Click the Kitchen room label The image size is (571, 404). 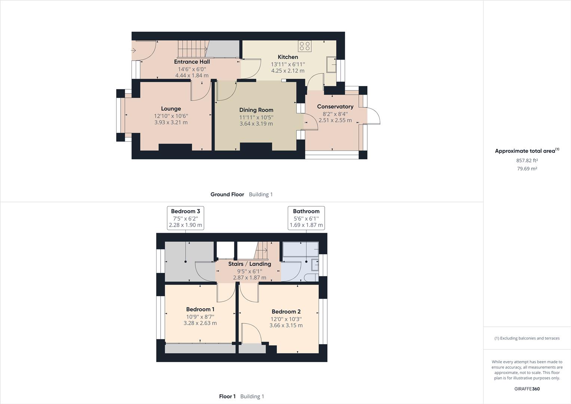tap(288, 57)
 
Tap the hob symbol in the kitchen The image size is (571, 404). tap(305, 46)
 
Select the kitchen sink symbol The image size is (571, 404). tap(331, 65)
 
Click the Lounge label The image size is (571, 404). tap(171, 109)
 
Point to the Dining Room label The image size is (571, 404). tap(256, 110)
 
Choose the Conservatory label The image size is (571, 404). tap(335, 107)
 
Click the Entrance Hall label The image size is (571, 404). tap(192, 62)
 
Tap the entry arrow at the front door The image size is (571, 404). tap(133, 50)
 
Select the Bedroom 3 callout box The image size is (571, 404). tap(186, 218)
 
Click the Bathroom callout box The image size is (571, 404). tap(306, 218)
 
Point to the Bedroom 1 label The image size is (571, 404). tap(200, 309)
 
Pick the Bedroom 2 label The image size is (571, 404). tap(286, 312)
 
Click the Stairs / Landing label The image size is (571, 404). tap(250, 264)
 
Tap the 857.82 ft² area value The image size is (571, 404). tap(527, 160)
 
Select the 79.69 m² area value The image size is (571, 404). tap(527, 168)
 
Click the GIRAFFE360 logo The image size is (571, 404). tap(527, 389)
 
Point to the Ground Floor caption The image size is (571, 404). tap(227, 195)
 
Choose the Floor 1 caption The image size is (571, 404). tap(227, 397)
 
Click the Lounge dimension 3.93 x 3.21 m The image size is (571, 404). tap(171, 122)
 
